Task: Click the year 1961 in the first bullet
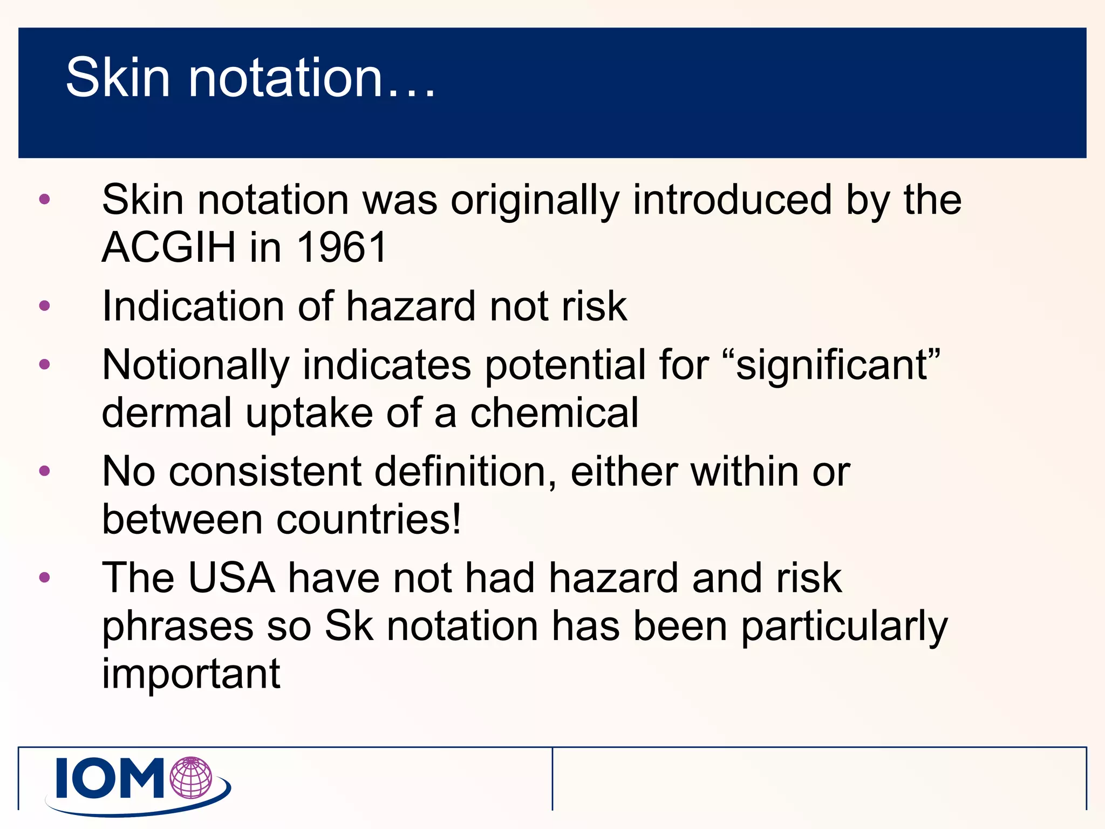(x=342, y=248)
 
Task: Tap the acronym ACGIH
(x=168, y=248)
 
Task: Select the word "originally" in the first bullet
(x=535, y=201)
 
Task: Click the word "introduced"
(x=732, y=200)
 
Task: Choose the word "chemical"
(x=554, y=413)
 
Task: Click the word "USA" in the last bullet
(x=231, y=578)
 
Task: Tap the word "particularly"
(x=844, y=627)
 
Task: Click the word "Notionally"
(x=195, y=365)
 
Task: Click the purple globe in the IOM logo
(x=191, y=777)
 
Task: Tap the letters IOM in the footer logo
(x=111, y=778)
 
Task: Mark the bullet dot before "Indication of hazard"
(x=45, y=306)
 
